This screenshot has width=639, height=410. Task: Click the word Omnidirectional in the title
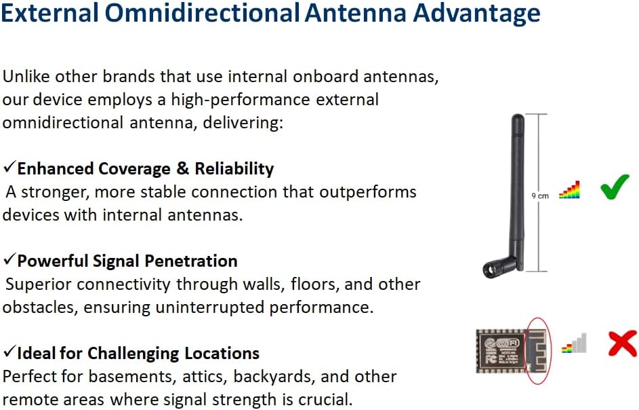coord(202,12)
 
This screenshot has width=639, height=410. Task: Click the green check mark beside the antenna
coord(615,187)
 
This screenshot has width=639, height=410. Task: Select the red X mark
coord(622,344)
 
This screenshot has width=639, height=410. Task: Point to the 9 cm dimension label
coord(540,196)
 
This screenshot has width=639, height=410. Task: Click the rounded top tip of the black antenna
coord(518,117)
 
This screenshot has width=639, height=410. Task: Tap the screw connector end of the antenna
coord(489,269)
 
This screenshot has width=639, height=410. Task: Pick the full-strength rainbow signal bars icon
coord(569,190)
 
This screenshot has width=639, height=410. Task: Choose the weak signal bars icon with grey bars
coord(574,343)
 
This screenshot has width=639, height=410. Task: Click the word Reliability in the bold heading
coord(234,169)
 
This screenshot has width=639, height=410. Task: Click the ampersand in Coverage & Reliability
coord(182,168)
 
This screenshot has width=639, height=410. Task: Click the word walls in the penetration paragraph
coord(264,284)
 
